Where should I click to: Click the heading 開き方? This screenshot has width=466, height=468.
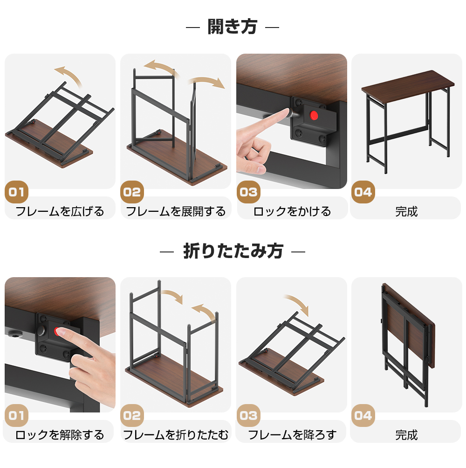coord(232,27)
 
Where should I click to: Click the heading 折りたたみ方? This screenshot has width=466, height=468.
coord(233,251)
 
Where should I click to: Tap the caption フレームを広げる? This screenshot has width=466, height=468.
coord(60,211)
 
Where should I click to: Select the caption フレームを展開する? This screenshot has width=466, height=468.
coord(176,211)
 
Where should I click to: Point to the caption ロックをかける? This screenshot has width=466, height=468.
coord(292,211)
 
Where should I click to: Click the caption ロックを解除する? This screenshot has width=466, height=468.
coord(60,435)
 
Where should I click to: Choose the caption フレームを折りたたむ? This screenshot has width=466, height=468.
coord(176,435)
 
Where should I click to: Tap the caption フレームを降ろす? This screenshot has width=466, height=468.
coord(292,435)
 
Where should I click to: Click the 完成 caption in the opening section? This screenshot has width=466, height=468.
coord(406,212)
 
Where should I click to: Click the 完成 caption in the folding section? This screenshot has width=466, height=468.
coord(406,435)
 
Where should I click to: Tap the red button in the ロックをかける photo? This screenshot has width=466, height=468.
coord(314,115)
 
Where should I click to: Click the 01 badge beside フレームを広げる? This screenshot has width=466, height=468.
coord(16,192)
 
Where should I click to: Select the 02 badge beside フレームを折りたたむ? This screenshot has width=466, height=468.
coord(132,415)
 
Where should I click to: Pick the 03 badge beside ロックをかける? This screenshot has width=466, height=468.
coord(248,192)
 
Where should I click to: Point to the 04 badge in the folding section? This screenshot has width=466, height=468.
coord(363,415)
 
